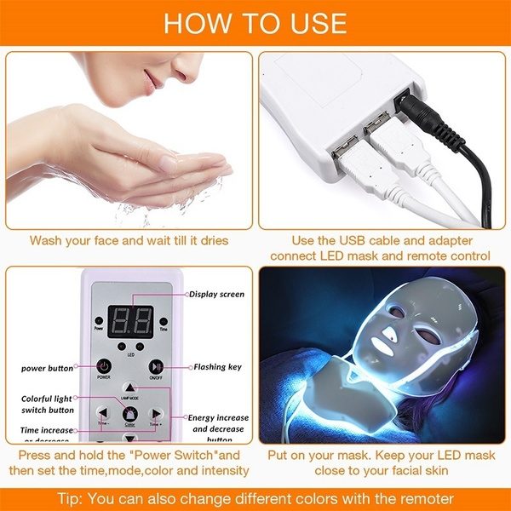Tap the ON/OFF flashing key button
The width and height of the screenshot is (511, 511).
pos(156,366)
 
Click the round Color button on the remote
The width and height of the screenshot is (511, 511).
pos(129,414)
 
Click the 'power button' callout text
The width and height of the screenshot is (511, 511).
pos(48,368)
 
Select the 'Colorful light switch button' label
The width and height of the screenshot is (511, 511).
pos(46,405)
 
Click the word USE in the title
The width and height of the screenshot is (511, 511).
pos(314,23)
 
